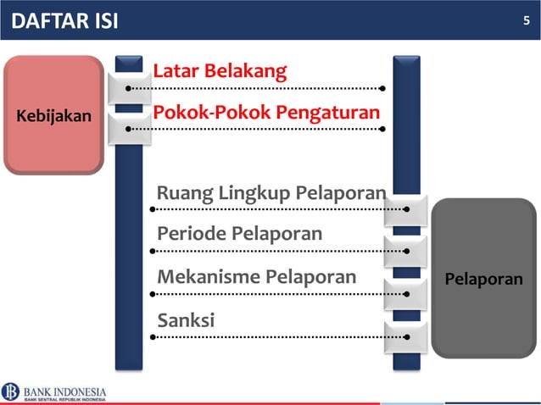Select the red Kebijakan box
[x=53, y=115]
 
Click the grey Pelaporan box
[x=484, y=279]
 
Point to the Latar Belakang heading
[x=220, y=70]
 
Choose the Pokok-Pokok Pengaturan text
[x=265, y=113]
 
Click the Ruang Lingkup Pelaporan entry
[x=270, y=193]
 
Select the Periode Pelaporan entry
[x=239, y=233]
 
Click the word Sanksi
[x=186, y=320]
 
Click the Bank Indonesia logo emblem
[x=11, y=391]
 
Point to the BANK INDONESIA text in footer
[x=65, y=391]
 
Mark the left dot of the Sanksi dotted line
[x=153, y=337]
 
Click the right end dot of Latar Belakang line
[x=383, y=87]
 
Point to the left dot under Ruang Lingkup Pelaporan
[x=153, y=208]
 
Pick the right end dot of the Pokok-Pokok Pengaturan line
[x=383, y=129]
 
